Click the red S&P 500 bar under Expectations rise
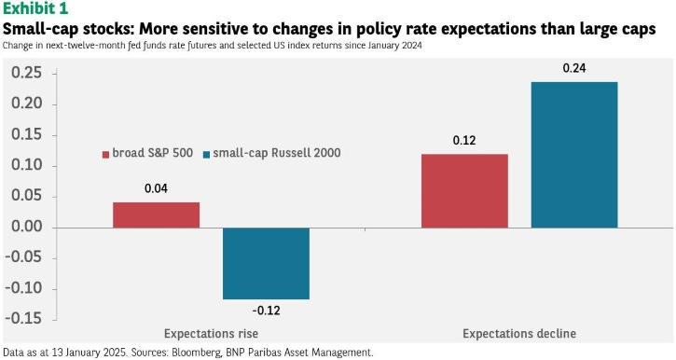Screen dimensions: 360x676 coord(156,215)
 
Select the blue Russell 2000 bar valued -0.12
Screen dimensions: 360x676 coord(266,263)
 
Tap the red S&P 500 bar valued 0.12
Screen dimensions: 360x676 coord(464,190)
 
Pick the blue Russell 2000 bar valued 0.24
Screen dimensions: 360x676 coord(574,155)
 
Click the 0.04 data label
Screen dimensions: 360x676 coord(157,188)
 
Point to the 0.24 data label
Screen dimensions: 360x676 coord(574,68)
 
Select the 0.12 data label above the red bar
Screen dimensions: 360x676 coord(464,140)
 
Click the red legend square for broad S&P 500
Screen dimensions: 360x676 coord(104,154)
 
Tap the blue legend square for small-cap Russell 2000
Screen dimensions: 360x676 coord(206,154)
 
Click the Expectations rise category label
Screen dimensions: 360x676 coord(211,333)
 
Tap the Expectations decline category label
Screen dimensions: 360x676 coord(519,333)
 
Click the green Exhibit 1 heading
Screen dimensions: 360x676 coord(35,9)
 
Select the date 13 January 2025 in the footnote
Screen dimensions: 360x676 coord(95,353)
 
